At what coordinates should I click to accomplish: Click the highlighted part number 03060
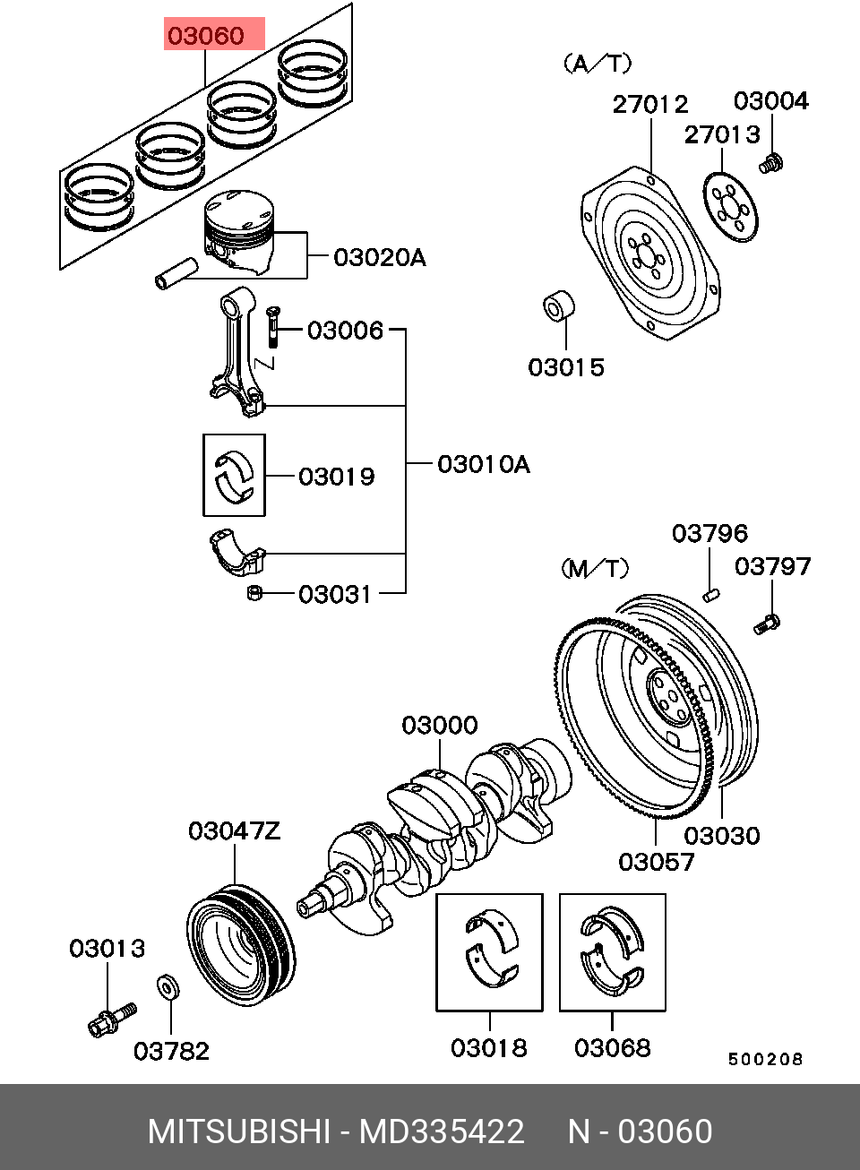point(205,37)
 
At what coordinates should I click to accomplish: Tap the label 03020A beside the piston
point(379,258)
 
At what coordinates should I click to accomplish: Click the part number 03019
point(337,477)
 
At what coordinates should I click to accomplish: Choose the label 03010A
point(483,464)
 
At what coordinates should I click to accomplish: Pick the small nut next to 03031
point(254,592)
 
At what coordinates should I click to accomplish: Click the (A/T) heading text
point(598,64)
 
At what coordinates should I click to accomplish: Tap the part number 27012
point(650,104)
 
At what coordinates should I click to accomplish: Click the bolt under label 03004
point(770,163)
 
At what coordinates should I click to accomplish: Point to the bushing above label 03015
point(561,305)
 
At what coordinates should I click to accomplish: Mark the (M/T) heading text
point(595,569)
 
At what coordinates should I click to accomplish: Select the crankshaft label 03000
point(439,725)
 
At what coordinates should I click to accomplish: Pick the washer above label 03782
point(168,987)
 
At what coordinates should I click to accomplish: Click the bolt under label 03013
point(110,1018)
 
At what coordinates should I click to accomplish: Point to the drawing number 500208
point(765,1059)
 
